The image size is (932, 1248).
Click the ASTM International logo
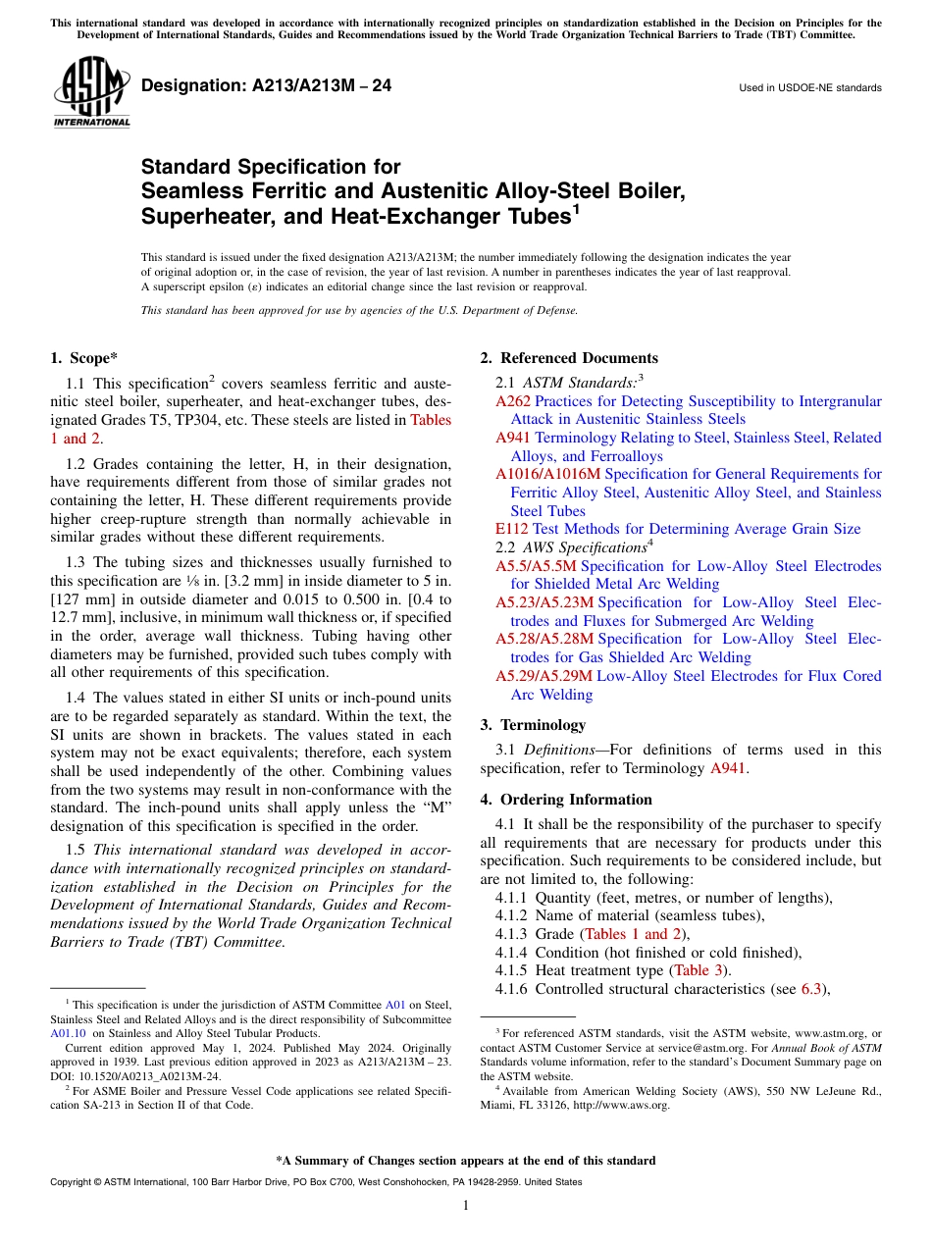[x=90, y=92]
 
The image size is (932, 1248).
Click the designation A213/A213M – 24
[x=266, y=86]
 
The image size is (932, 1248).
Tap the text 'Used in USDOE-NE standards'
[x=809, y=88]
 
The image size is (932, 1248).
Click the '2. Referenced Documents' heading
[x=569, y=358]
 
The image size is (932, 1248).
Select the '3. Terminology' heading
[x=533, y=725]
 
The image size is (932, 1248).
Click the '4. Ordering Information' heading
[x=566, y=800]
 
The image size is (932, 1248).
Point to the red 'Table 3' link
[x=700, y=970]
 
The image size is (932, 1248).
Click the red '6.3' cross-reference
[x=811, y=989]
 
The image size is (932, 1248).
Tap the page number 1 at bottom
[x=466, y=1206]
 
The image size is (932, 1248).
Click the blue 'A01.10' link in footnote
[x=68, y=1033]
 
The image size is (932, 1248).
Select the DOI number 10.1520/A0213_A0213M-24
[x=145, y=1075]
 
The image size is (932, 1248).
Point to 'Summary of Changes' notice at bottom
[x=465, y=1161]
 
